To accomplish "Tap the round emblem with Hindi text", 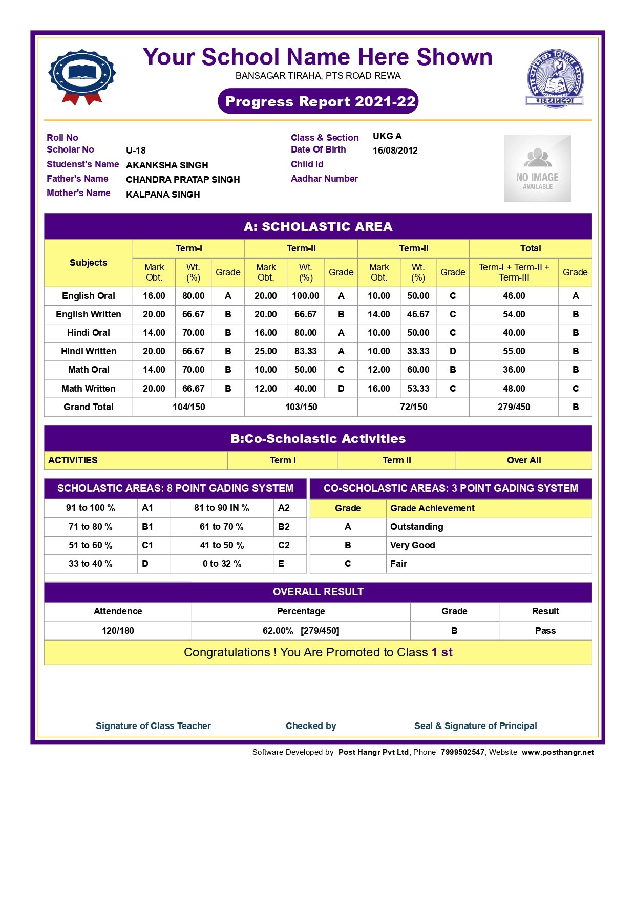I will tap(555, 78).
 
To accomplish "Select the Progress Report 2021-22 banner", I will tap(318, 101).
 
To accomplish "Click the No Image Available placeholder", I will tap(537, 168).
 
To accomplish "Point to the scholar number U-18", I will tap(136, 151).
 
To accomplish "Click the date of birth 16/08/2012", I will tap(395, 151).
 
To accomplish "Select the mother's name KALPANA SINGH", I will tap(163, 195).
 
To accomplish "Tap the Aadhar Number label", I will tap(324, 179).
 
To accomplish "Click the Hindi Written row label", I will tap(89, 351).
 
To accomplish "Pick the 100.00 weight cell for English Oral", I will tap(305, 296).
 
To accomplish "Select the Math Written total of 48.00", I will tap(514, 389).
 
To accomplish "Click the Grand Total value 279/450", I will tap(514, 407).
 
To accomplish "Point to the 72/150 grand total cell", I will tap(413, 407).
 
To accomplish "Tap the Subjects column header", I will tap(89, 263).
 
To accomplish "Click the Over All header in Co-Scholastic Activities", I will tap(524, 460).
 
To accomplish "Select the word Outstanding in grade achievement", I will tap(416, 527).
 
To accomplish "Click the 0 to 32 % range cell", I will tap(222, 564).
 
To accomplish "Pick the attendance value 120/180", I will tap(118, 631).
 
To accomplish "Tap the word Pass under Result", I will tap(545, 631).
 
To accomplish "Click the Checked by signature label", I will tap(311, 726).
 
